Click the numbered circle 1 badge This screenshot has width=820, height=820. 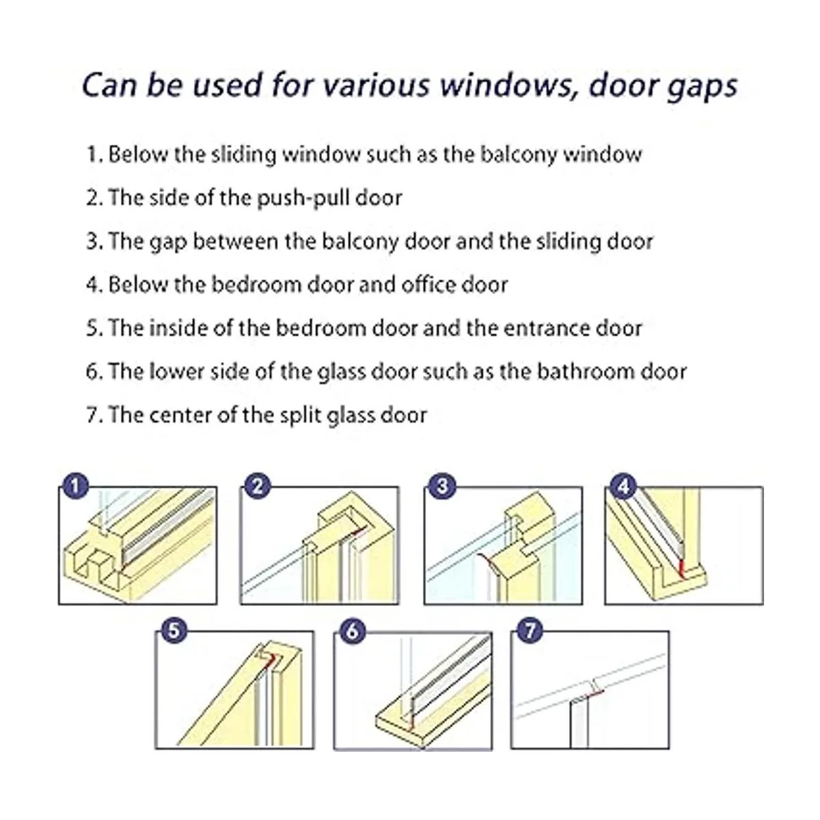(75, 487)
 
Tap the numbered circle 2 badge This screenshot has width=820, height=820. (258, 487)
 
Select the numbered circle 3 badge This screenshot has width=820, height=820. (443, 487)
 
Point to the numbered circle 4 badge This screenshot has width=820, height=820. (623, 487)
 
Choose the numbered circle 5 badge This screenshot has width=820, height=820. (174, 630)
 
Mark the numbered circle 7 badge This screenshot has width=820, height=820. (530, 630)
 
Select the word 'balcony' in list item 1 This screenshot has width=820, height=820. (519, 155)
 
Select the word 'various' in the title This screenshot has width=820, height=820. (375, 86)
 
